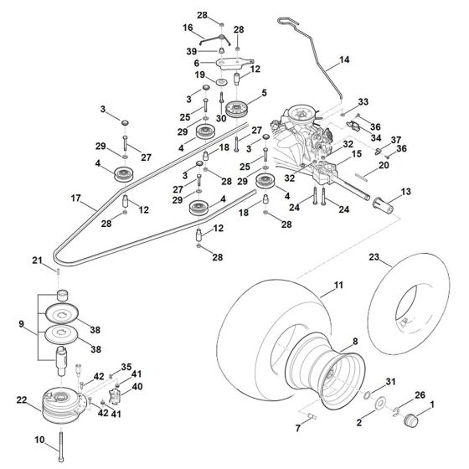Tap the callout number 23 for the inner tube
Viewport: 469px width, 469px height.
click(x=396, y=257)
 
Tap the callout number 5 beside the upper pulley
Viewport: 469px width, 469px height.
click(x=264, y=92)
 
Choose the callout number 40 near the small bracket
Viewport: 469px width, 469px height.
click(x=138, y=386)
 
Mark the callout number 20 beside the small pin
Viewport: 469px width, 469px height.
click(x=384, y=165)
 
